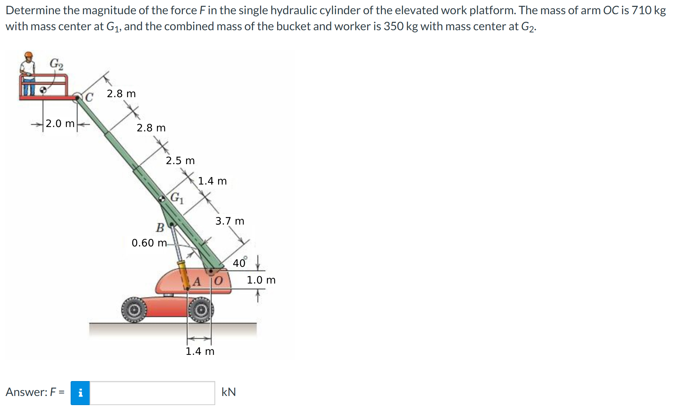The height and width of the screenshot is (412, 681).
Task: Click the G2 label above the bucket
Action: coord(56,64)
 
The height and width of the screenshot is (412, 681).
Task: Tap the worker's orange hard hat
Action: coord(28,55)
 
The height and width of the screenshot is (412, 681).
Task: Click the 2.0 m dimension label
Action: coord(60,124)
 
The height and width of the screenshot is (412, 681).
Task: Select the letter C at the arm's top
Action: coord(89,97)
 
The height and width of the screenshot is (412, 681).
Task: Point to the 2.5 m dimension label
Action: coord(180,161)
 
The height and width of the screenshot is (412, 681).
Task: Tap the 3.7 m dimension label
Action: coord(230,221)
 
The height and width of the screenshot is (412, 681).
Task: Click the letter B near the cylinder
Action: coord(160,228)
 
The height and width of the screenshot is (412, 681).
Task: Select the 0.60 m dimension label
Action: coord(149,243)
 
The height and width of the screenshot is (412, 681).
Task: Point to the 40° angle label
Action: coord(240,262)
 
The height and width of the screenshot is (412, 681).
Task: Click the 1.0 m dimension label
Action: coord(261,280)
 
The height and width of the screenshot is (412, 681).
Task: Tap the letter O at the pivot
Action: coord(218,281)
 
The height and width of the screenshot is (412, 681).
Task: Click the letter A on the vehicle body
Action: coord(197,281)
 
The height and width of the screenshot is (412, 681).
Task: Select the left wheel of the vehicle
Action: coord(134,310)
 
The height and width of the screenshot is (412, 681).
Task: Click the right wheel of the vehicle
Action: coord(201,310)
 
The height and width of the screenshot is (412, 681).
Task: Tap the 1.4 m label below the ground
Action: coord(200,351)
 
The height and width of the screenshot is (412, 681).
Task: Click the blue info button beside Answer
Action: coord(80,393)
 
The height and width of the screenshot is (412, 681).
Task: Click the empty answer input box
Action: coord(152,393)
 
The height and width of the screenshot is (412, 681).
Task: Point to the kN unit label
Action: coord(229,392)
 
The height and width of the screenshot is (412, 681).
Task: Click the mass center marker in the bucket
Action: coord(43,89)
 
